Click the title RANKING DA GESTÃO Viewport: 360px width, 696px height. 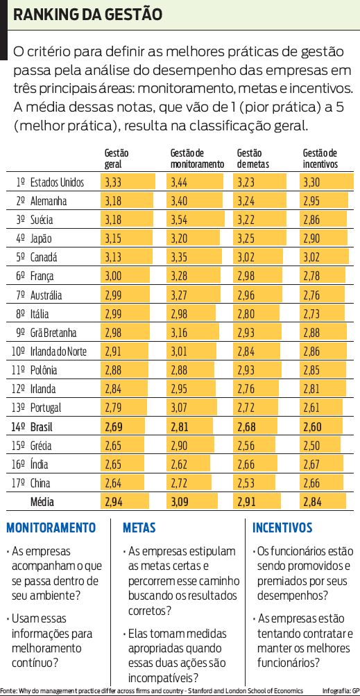click(89, 15)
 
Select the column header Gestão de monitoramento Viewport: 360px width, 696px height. click(197, 159)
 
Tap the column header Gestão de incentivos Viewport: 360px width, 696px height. click(320, 159)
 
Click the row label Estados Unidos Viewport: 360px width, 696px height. click(58, 182)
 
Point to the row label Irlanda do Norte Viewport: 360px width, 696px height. click(59, 351)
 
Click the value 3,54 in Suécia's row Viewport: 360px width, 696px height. click(180, 220)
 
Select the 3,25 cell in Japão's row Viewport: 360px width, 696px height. click(247, 238)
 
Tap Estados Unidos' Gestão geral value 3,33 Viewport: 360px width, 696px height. click(114, 182)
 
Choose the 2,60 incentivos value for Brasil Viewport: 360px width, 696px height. click(314, 426)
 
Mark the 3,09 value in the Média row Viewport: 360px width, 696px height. click(180, 501)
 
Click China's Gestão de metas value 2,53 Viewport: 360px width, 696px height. click(247, 482)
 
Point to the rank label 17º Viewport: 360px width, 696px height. click(19, 482)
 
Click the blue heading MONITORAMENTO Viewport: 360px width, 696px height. click(51, 528)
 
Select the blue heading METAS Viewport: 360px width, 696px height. click(139, 528)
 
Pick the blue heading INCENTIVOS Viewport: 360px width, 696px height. click(282, 528)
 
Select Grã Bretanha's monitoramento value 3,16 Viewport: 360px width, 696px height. click(180, 332)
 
